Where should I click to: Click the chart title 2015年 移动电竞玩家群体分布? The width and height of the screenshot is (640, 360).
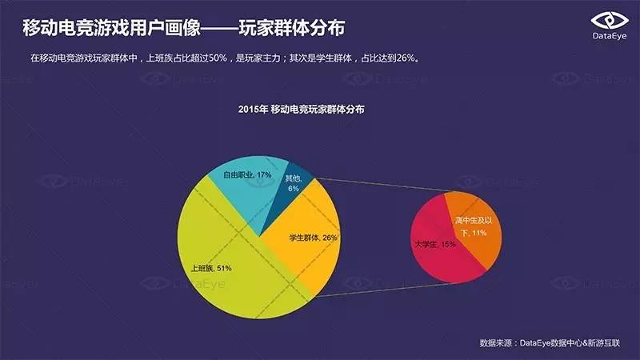302,109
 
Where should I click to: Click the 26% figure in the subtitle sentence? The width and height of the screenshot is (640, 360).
405,58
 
